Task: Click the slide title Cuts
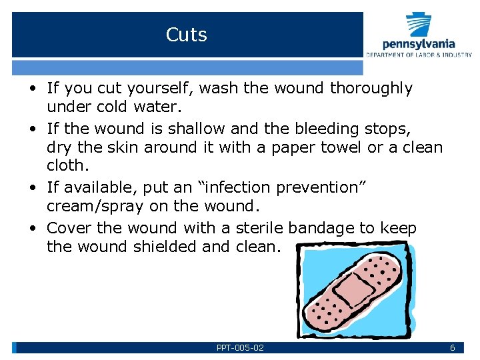pos(187,35)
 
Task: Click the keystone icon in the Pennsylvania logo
pos(419,25)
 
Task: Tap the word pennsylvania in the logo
pos(418,45)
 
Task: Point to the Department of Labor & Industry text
pos(419,55)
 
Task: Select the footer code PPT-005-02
pos(240,348)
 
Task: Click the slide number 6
pos(452,348)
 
